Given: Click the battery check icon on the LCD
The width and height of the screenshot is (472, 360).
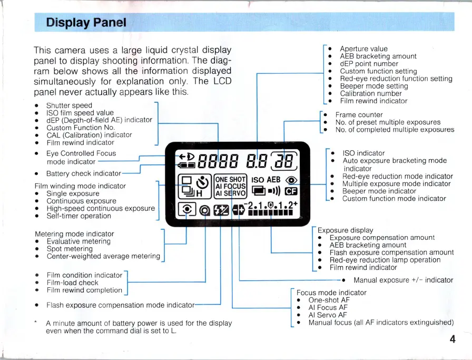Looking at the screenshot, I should click(x=186, y=165).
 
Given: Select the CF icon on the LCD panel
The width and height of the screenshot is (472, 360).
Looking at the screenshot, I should click(x=291, y=191).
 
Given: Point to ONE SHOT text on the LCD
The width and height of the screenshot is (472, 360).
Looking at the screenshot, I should click(x=231, y=179).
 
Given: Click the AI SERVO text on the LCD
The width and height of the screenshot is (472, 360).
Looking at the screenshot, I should click(x=231, y=193).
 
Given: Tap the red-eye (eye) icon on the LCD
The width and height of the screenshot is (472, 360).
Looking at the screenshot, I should click(x=291, y=179).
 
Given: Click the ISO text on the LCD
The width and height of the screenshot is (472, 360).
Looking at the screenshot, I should click(x=258, y=180).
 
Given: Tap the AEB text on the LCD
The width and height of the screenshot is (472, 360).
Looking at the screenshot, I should click(x=274, y=180).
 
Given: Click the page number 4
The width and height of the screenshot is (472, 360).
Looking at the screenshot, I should click(x=453, y=339).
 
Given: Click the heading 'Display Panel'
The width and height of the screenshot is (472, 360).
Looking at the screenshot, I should click(x=86, y=22).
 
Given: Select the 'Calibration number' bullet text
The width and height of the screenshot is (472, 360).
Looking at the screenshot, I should click(x=371, y=93).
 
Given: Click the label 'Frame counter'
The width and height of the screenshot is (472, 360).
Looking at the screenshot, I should click(x=359, y=114).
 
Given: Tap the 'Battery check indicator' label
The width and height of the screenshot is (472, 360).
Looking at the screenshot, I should click(x=83, y=173).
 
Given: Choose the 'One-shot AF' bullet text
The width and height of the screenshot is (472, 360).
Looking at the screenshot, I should click(x=329, y=300).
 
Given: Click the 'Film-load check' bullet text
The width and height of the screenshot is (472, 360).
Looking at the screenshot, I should click(x=72, y=283).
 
